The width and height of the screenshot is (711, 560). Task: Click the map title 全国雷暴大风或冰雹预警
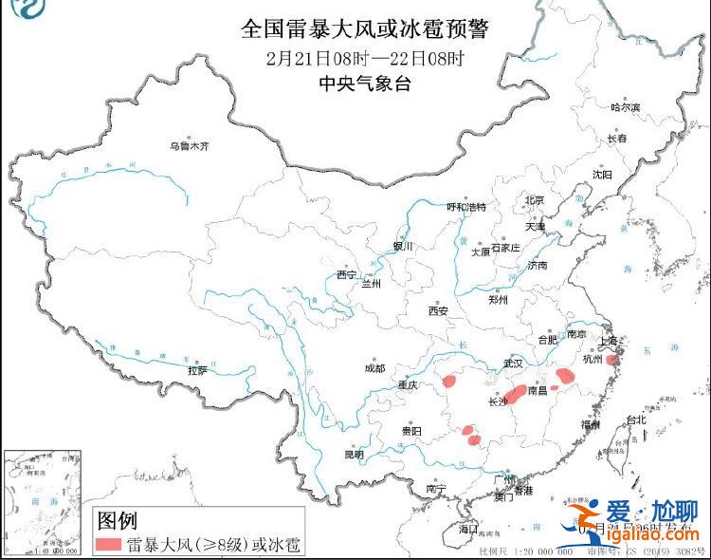364,29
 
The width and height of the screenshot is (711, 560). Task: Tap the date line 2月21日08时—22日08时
364,58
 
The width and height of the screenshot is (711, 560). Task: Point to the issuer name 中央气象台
364,84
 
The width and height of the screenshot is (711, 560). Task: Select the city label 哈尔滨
624,108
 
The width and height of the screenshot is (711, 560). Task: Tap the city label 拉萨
196,371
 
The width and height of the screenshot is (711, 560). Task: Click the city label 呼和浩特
465,207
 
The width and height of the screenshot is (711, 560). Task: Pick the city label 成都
374,368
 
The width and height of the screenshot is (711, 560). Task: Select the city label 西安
437,310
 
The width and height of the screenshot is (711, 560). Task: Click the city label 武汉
513,364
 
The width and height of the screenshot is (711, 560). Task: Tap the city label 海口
468,529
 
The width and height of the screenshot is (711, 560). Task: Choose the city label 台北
635,420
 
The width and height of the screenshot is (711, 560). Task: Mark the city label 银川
404,247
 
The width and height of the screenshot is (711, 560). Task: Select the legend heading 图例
118,520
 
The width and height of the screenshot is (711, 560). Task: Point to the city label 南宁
436,489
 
